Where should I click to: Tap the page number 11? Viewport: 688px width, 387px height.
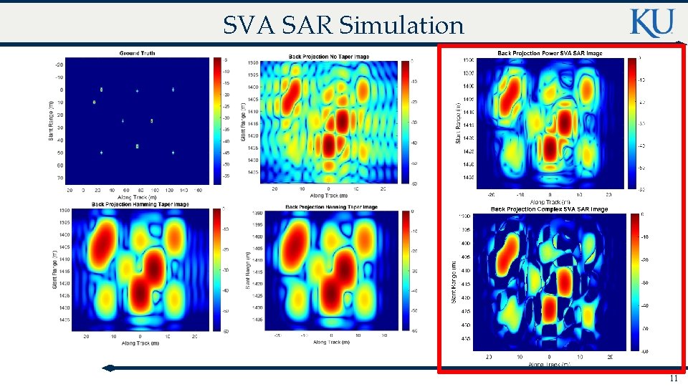(x=672, y=379)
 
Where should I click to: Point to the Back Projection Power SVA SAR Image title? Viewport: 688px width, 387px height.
(x=550, y=53)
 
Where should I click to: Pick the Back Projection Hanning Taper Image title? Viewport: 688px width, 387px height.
(x=331, y=207)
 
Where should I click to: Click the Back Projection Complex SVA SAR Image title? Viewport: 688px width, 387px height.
(x=549, y=209)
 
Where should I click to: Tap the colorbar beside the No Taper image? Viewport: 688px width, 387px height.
(x=406, y=123)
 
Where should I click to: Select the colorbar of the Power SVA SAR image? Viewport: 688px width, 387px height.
(x=632, y=123)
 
